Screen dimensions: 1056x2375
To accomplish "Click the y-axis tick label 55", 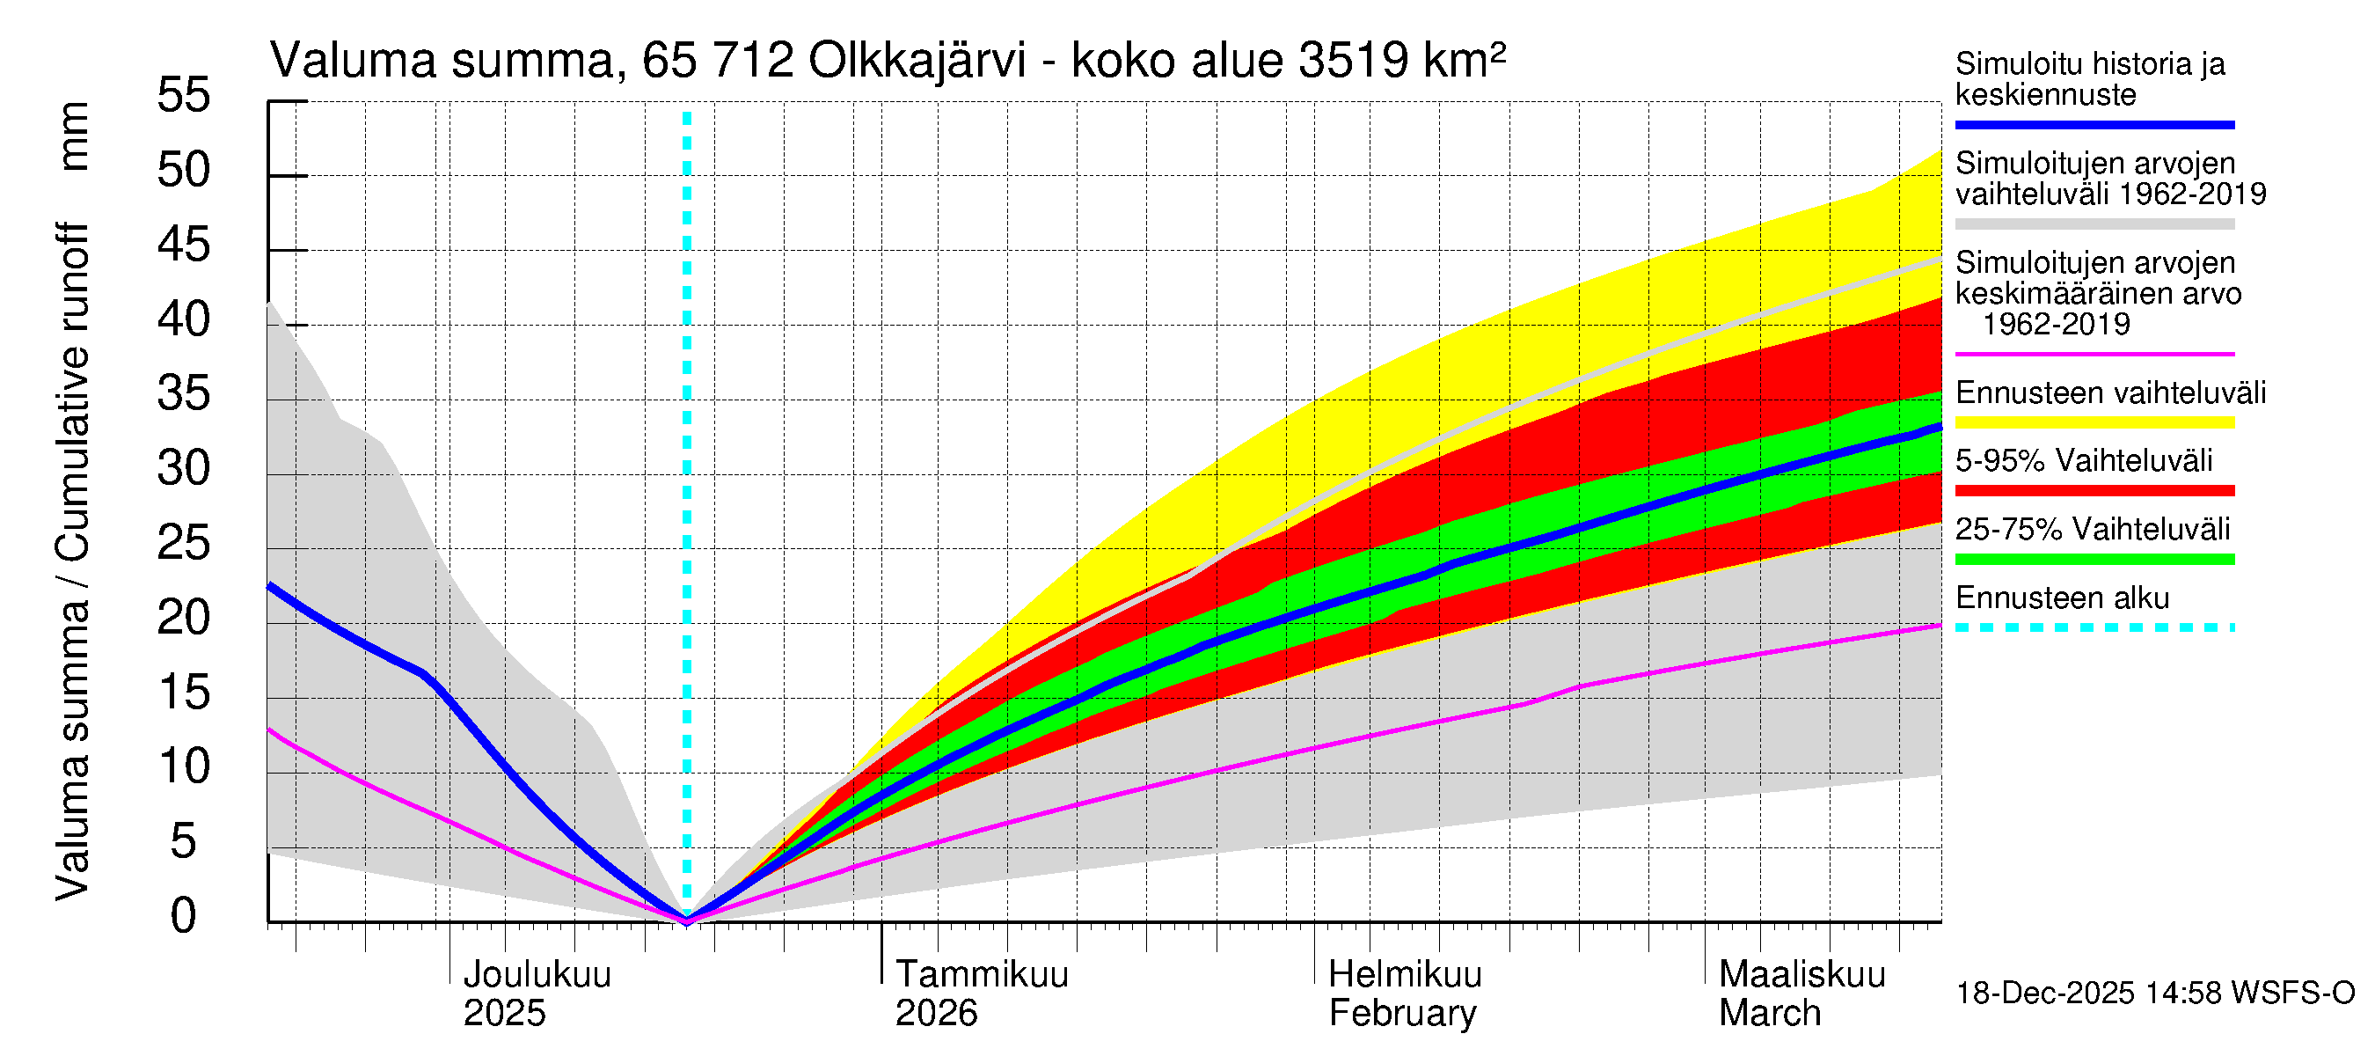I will [x=184, y=95].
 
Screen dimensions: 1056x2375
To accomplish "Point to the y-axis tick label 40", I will [x=184, y=319].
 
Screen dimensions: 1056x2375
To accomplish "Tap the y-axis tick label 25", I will [x=184, y=543].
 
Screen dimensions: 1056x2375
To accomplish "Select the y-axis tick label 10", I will [x=184, y=766].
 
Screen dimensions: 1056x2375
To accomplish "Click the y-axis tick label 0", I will [x=184, y=916].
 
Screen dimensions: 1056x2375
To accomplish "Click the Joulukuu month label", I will [x=537, y=974].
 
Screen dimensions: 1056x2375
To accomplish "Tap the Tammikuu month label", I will [x=982, y=974].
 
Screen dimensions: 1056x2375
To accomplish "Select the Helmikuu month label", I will [x=1405, y=974].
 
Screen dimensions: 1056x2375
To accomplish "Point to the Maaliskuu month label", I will [x=1802, y=974].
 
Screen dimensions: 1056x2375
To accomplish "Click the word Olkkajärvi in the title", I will [x=917, y=61].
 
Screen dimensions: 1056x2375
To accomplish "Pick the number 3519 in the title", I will [x=1353, y=61].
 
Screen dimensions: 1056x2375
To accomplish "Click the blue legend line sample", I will [x=2094, y=124].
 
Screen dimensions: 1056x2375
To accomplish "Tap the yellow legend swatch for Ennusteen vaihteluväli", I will [x=2094, y=422].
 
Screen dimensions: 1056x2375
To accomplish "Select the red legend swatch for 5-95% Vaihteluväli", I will [x=2094, y=491].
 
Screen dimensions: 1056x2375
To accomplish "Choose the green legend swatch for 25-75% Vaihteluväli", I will [x=2094, y=559].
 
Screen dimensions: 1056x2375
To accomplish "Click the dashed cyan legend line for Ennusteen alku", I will [x=2094, y=628].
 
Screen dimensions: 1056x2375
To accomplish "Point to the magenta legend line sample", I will [x=2094, y=354].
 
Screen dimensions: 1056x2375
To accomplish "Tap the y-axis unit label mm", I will [x=73, y=136].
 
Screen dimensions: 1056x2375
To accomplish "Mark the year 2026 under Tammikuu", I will [x=936, y=1013].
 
